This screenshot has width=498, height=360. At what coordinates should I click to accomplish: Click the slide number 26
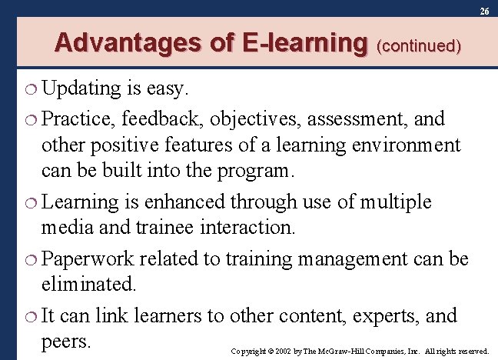(x=483, y=12)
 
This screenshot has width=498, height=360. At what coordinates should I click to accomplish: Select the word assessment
(x=358, y=118)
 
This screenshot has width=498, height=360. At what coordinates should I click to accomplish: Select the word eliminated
(x=90, y=285)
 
